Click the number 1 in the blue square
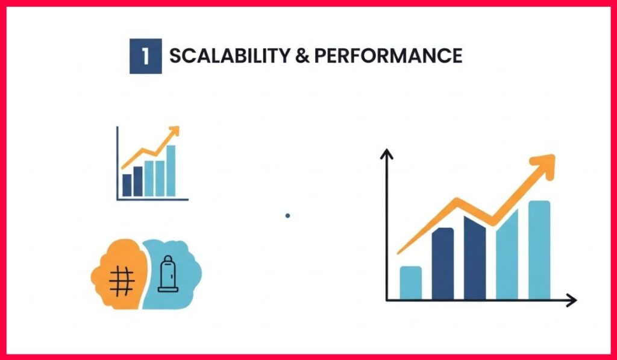(x=146, y=56)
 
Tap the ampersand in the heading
(x=302, y=56)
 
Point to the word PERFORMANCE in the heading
(x=388, y=56)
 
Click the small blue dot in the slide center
(x=287, y=215)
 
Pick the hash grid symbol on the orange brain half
(x=122, y=281)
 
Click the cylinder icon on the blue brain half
(x=168, y=274)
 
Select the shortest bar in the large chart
(x=411, y=283)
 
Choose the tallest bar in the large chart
(x=539, y=250)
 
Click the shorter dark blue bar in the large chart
(x=443, y=264)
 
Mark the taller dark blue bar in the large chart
(x=475, y=258)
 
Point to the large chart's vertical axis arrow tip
(x=386, y=150)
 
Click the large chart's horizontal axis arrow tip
(x=577, y=300)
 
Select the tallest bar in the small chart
(x=171, y=171)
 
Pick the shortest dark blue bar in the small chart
(x=127, y=185)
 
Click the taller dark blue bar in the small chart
(x=138, y=181)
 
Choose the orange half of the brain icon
(x=118, y=274)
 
